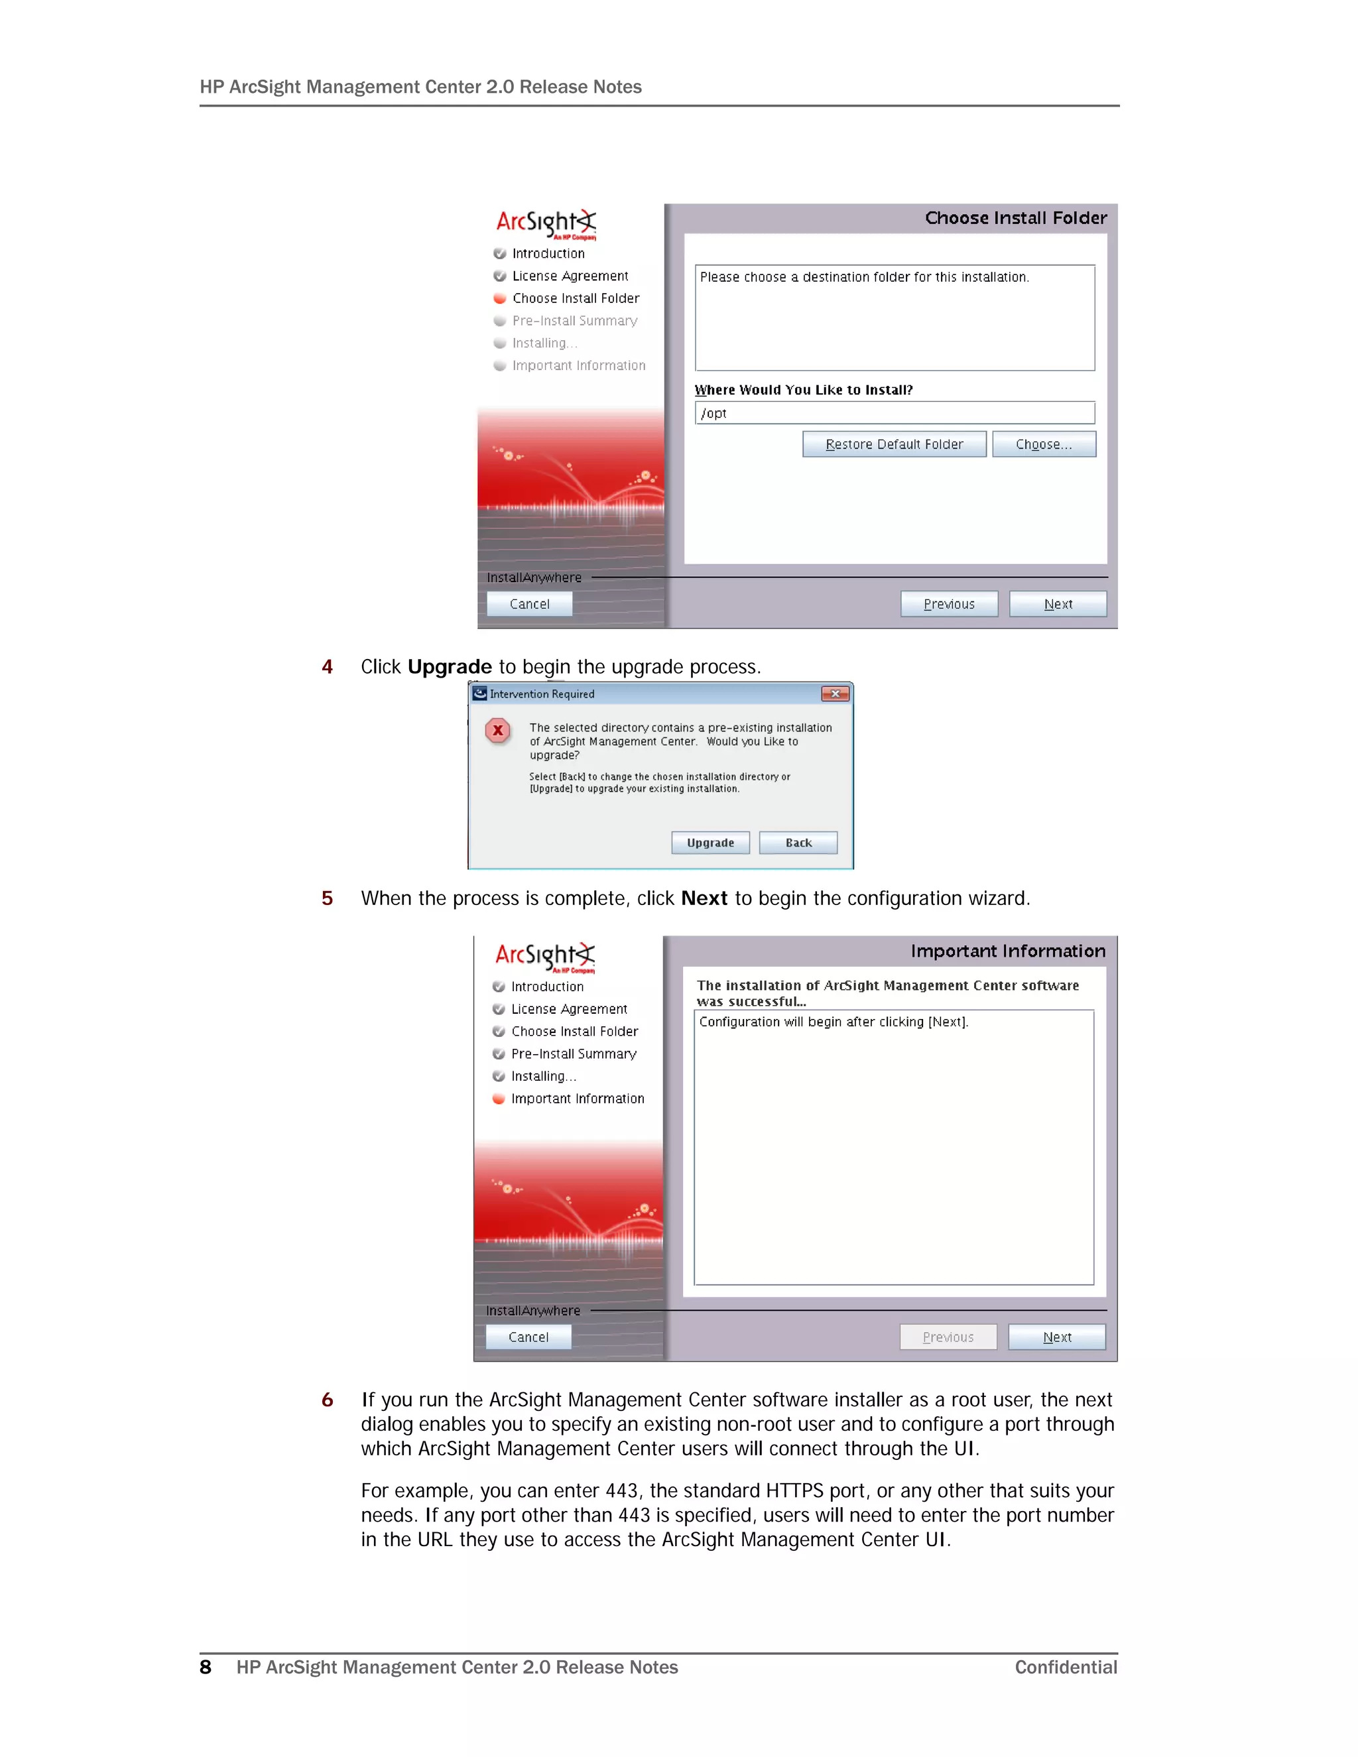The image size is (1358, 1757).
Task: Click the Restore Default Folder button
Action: click(x=894, y=444)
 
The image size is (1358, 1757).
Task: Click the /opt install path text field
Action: click(x=894, y=412)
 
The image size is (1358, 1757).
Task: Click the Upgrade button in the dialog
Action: click(x=710, y=842)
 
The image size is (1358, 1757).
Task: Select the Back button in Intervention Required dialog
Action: click(x=798, y=842)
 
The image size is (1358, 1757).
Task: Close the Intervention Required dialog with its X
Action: click(x=835, y=694)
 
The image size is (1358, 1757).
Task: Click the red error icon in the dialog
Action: click(x=498, y=731)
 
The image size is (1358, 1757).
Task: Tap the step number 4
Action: click(x=327, y=667)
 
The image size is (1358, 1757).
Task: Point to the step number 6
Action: click(x=327, y=1400)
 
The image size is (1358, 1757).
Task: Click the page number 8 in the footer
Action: click(x=205, y=1667)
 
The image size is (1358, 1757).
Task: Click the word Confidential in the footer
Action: click(x=1065, y=1667)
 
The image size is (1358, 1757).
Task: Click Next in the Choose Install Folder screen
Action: click(x=1057, y=604)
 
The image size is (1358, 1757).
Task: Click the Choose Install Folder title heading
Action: click(x=1015, y=218)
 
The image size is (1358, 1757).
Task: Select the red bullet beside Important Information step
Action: click(x=499, y=1099)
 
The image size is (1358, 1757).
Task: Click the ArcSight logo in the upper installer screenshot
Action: click(x=546, y=223)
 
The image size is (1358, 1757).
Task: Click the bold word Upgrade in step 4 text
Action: click(x=449, y=667)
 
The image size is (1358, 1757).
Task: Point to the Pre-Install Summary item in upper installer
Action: click(x=574, y=321)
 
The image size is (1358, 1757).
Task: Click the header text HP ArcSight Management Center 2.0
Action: click(x=420, y=87)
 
